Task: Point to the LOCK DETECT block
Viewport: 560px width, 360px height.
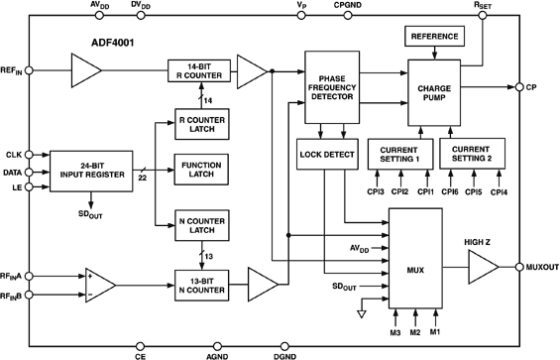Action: (325, 154)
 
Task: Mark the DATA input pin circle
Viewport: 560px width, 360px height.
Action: (31, 171)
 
